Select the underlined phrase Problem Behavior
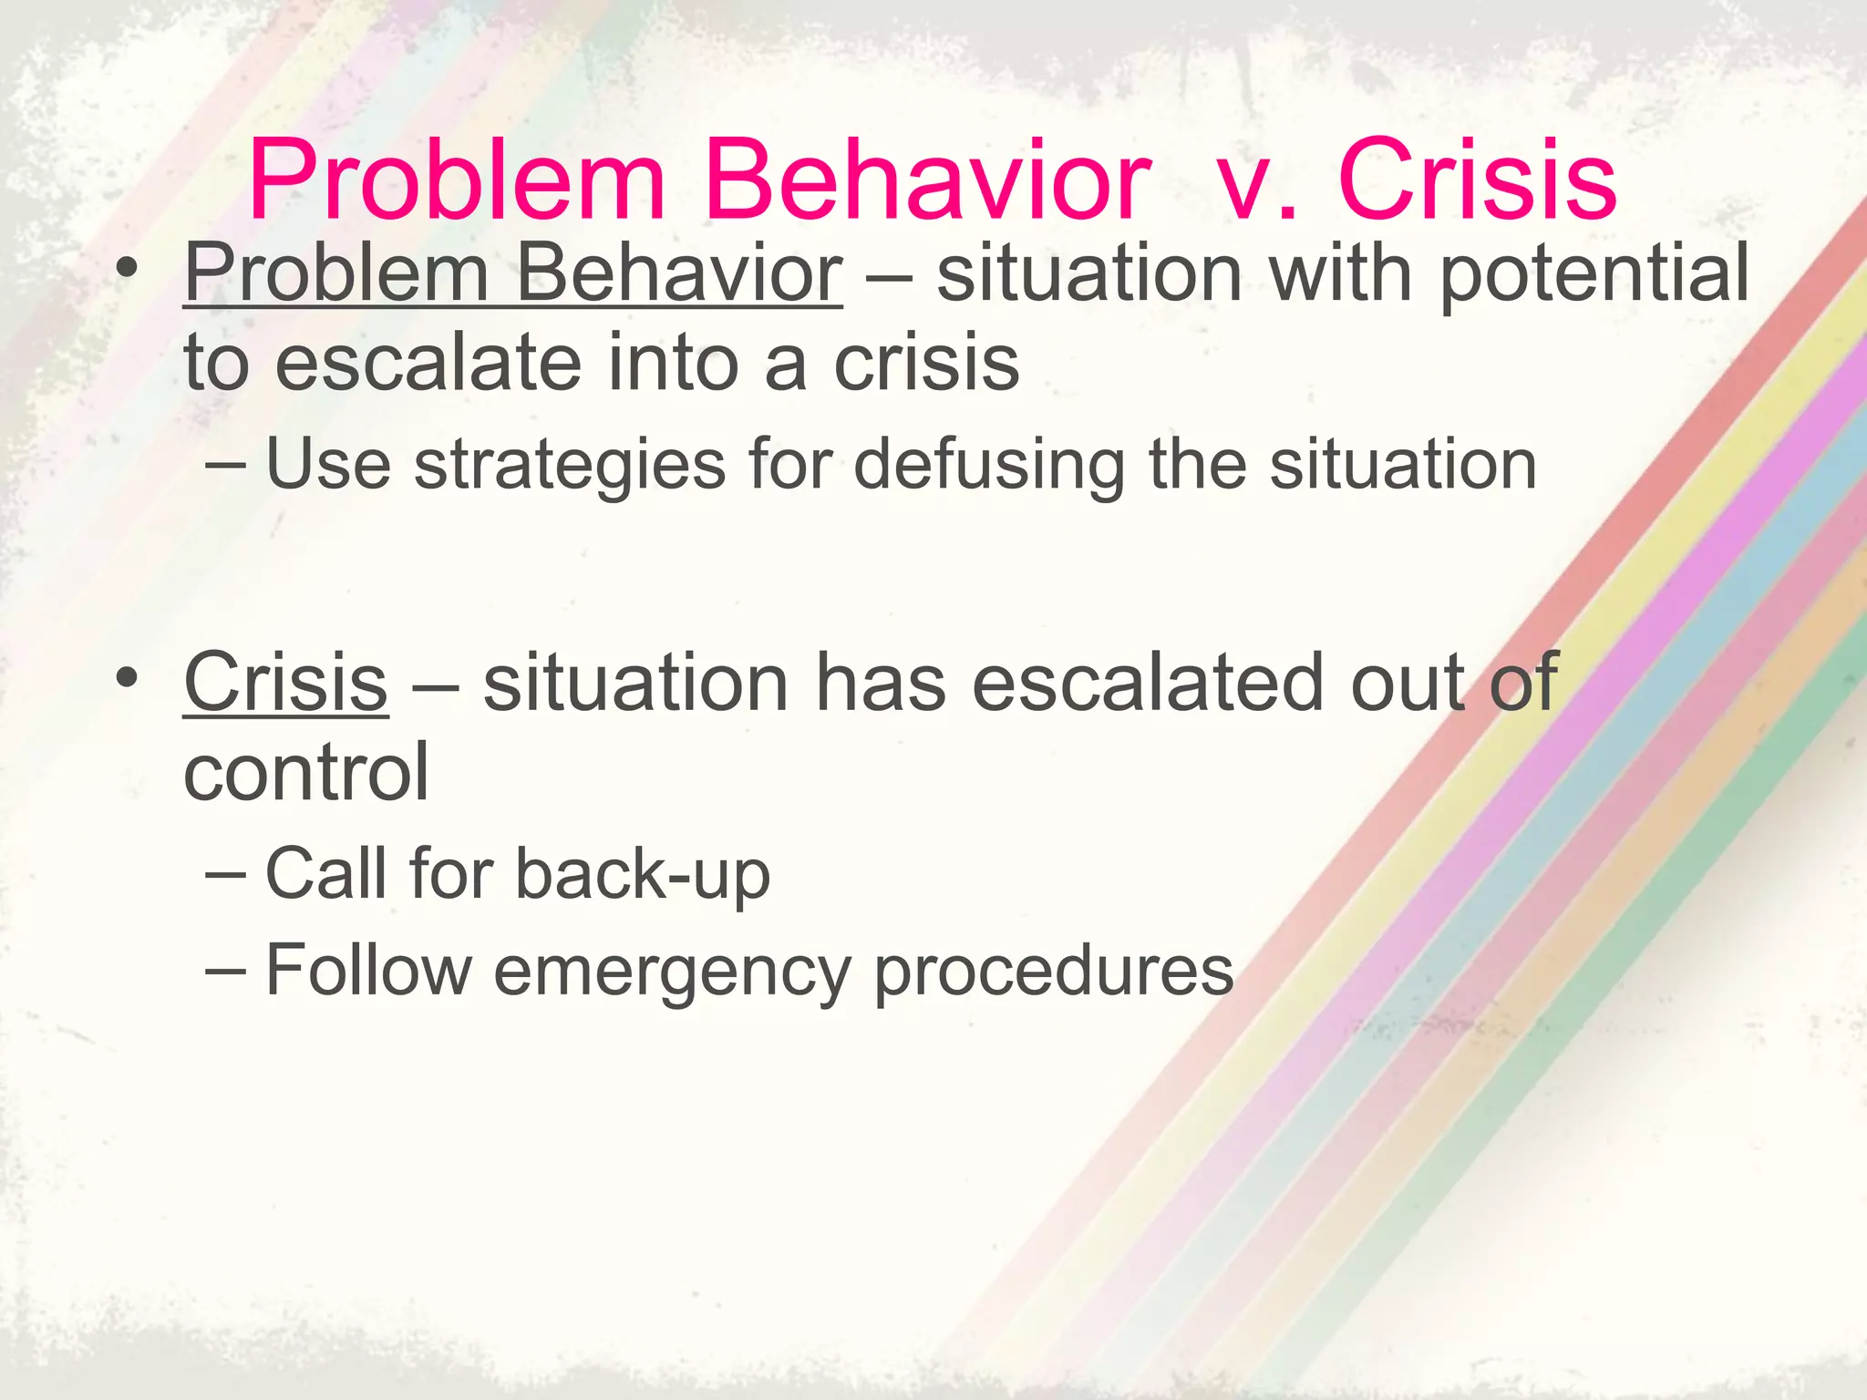point(512,273)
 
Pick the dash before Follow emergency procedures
point(224,972)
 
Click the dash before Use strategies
point(224,466)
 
